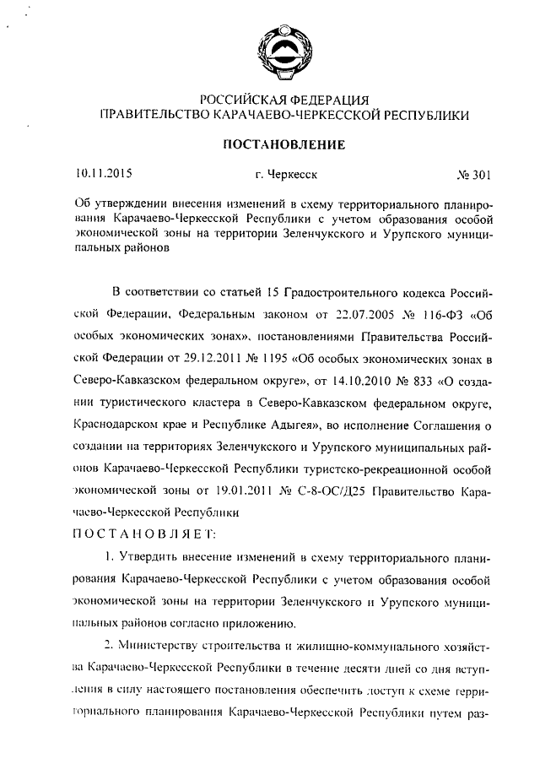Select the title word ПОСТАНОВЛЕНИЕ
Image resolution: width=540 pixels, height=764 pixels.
(x=283, y=144)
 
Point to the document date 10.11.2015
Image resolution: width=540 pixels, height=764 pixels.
(x=104, y=175)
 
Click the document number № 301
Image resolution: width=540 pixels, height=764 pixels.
(x=473, y=176)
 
